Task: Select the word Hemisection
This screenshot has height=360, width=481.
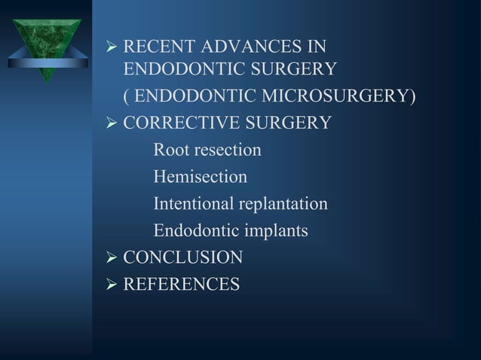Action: coord(200,177)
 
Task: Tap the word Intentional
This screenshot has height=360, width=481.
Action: coord(194,204)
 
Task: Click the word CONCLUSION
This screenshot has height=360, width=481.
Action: coord(182,258)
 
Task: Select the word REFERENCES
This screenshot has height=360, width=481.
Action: coord(181,285)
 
